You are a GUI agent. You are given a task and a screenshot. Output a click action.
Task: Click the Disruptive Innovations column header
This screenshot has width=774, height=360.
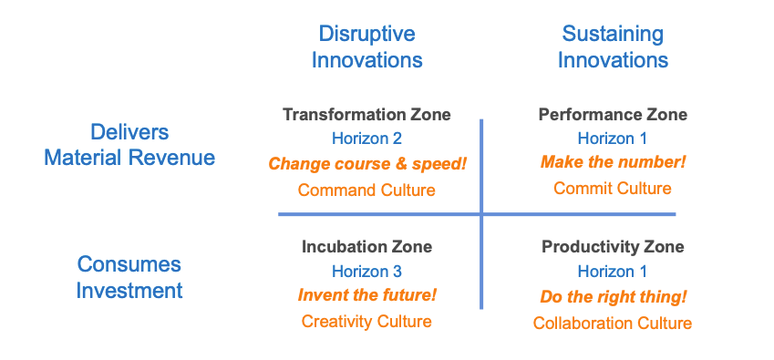(366, 46)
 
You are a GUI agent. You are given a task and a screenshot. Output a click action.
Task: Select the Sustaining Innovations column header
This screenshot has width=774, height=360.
(613, 46)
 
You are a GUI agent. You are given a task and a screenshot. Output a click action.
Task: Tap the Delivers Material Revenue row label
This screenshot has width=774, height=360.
(129, 145)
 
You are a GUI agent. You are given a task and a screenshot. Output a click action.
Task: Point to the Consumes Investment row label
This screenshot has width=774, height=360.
(129, 277)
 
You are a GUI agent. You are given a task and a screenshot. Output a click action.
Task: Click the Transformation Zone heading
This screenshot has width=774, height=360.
(366, 115)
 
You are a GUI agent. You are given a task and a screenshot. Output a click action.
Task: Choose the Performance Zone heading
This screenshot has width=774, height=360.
(613, 115)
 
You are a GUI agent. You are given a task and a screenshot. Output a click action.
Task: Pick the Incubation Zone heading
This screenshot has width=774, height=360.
(366, 246)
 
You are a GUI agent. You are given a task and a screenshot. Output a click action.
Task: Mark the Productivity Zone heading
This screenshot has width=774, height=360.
(613, 246)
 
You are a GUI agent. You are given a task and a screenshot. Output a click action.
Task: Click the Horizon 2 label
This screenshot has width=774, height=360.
(366, 139)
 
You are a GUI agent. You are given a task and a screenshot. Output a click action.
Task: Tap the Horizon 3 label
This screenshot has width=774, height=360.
(366, 271)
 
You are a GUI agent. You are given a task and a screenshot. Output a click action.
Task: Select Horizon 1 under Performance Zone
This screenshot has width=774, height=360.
(613, 139)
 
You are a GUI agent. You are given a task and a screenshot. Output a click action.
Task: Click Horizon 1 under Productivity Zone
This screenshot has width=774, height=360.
(613, 271)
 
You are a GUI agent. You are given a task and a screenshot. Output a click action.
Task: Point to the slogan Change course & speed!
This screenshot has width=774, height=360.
(367, 164)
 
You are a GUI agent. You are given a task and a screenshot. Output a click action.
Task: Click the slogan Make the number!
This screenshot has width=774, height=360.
(613, 162)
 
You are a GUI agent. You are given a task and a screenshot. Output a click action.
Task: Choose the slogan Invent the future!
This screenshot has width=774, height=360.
(367, 295)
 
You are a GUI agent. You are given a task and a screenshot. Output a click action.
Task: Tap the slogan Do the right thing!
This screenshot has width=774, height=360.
(614, 297)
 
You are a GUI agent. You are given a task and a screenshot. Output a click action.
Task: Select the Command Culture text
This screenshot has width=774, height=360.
(366, 190)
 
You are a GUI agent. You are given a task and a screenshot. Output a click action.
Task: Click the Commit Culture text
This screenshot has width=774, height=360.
(613, 188)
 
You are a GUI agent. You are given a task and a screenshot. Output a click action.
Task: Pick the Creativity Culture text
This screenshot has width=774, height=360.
(366, 322)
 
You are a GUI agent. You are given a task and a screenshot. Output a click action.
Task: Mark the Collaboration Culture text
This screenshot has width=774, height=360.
(613, 324)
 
